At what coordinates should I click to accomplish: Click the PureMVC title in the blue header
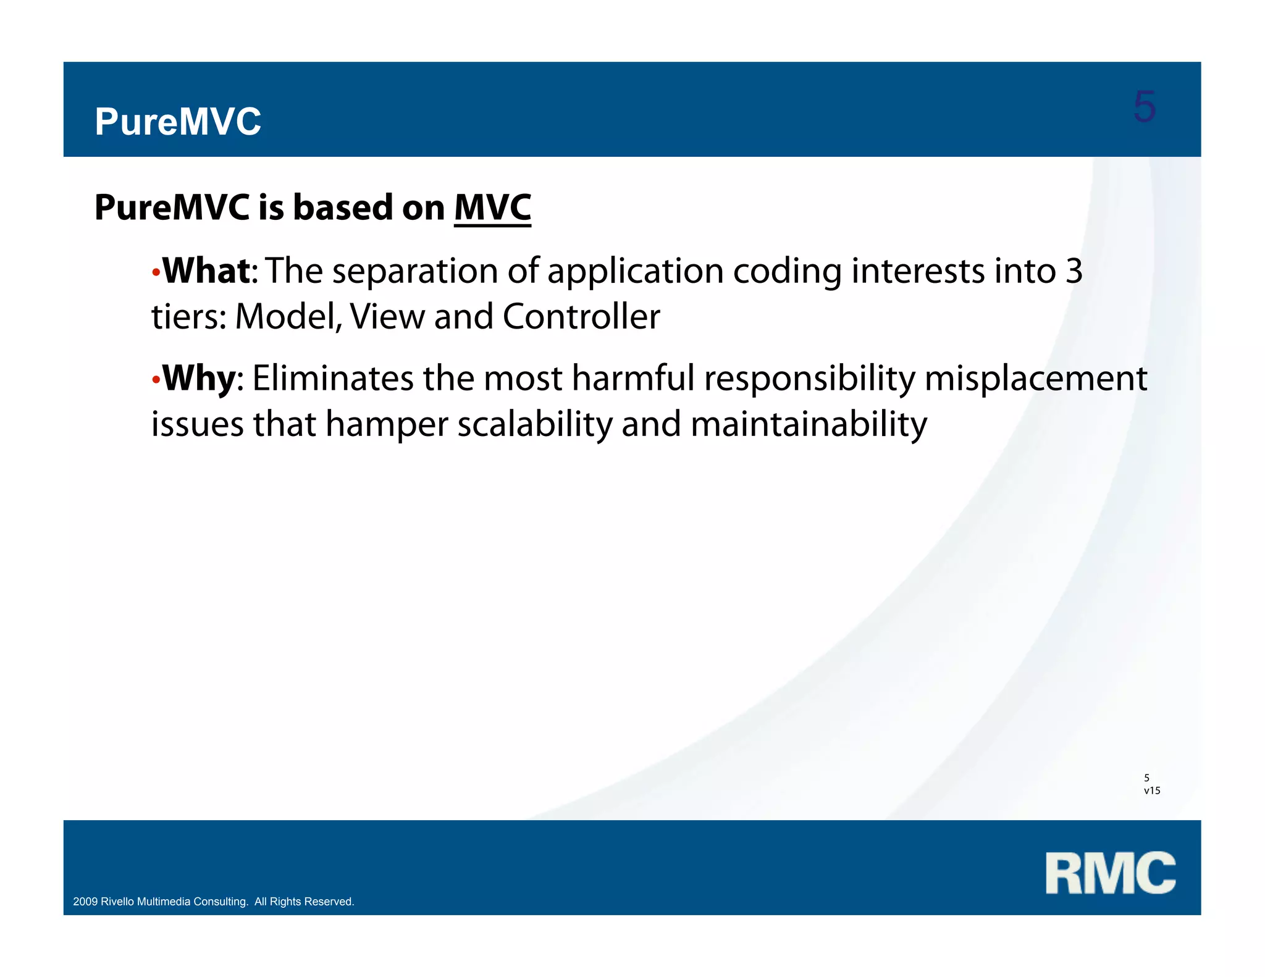tap(178, 122)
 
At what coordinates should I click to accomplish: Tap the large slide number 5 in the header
tap(1144, 107)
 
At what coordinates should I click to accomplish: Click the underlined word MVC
tap(492, 208)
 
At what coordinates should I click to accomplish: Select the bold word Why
tap(199, 378)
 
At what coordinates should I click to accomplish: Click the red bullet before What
tap(156, 272)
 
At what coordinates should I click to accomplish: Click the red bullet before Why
tap(156, 379)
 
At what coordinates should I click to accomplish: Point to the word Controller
tap(581, 317)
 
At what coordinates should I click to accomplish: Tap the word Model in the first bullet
tap(287, 317)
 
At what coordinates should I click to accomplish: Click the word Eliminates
tap(332, 378)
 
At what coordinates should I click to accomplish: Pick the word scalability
tap(534, 424)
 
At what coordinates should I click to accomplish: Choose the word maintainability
tap(808, 424)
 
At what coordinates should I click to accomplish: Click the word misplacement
tap(1035, 378)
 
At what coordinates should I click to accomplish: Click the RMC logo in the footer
tap(1110, 873)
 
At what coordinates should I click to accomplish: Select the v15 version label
tap(1152, 790)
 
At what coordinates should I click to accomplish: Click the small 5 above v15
tap(1146, 778)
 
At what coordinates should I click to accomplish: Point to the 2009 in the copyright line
tap(85, 902)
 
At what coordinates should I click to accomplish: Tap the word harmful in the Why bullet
tap(633, 378)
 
